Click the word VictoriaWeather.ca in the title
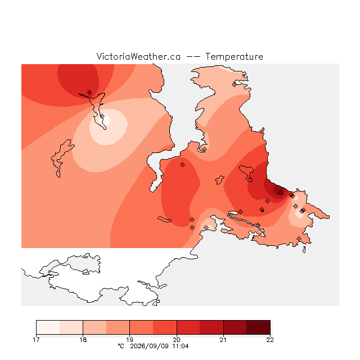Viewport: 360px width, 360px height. point(138,56)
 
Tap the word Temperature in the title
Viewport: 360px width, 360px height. point(234,56)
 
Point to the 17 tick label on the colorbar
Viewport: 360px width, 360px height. point(36,340)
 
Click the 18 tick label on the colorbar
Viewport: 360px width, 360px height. point(83,340)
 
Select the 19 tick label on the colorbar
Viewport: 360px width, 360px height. point(130,340)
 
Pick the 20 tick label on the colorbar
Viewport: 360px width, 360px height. point(177,340)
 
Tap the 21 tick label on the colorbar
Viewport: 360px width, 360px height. point(223,340)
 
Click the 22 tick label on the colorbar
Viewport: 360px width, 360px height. point(270,340)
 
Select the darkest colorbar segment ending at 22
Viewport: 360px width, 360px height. point(258,327)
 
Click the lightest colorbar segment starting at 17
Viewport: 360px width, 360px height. point(48,327)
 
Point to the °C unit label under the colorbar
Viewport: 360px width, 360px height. point(121,346)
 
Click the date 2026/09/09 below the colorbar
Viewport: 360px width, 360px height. point(150,346)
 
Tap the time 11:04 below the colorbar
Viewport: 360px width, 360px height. point(181,346)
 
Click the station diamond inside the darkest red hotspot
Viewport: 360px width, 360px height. point(280,192)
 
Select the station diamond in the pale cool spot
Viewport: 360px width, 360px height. point(102,116)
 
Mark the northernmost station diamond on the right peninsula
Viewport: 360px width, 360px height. point(234,85)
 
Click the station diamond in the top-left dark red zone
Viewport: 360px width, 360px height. point(89,93)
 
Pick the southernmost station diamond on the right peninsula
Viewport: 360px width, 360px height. point(299,238)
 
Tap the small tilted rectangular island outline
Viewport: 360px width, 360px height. point(164,219)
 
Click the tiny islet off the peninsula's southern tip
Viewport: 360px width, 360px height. point(304,250)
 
